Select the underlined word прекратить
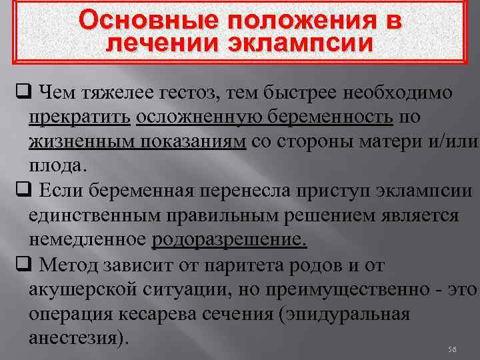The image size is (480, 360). (79, 116)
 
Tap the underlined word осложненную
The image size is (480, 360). (193, 116)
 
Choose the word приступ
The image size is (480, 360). (343, 191)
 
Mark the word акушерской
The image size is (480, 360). (94, 289)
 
